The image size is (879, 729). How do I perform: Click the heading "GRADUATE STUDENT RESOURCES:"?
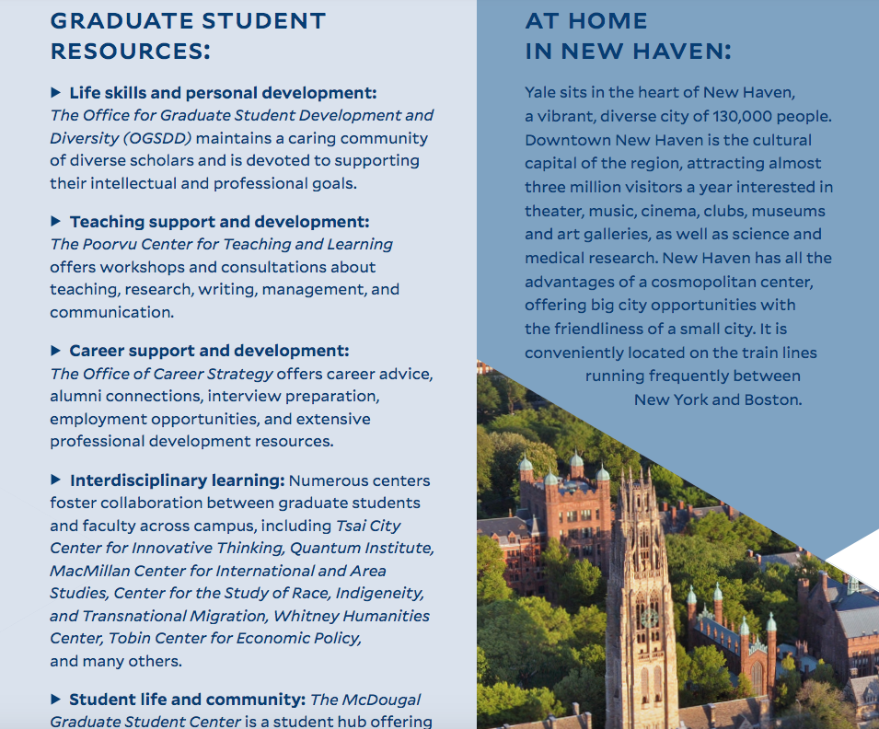(188, 36)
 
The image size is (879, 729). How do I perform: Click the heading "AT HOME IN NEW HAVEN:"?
(628, 36)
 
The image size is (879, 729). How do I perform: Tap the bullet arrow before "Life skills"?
(56, 93)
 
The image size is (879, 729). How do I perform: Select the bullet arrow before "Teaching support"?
(56, 222)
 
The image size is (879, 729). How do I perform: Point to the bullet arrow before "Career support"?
(56, 351)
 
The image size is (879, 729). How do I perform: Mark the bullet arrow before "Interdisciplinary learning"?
(56, 480)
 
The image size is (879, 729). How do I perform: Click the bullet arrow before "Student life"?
(56, 700)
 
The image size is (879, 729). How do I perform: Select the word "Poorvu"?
(111, 244)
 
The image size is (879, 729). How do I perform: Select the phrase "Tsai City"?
(368, 526)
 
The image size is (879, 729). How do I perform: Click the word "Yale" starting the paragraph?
(542, 93)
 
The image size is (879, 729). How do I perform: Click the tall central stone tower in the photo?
(642, 589)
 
